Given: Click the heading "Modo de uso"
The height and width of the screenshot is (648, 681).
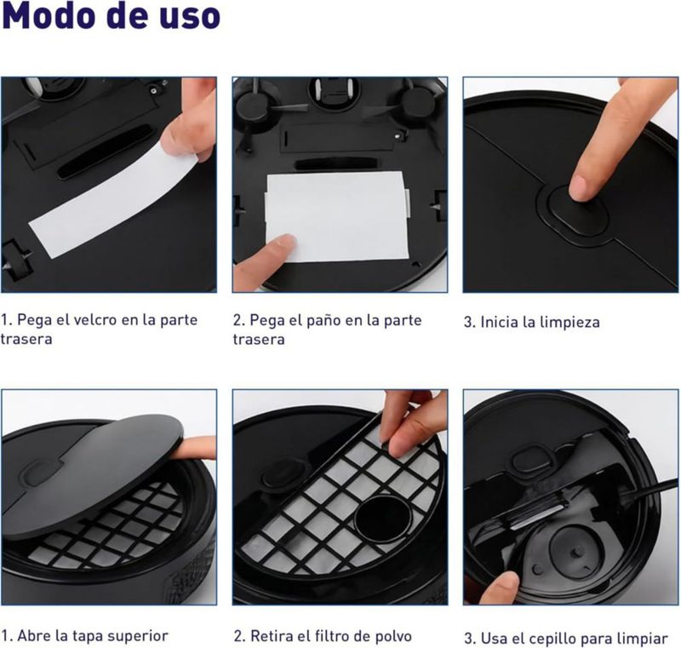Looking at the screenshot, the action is click(112, 15).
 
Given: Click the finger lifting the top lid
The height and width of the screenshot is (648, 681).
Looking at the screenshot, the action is click(194, 448).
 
